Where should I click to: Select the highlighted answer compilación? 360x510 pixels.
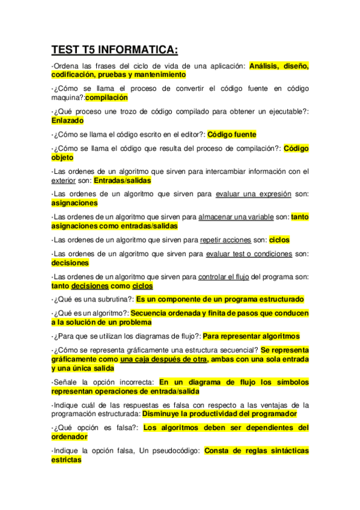click(106, 97)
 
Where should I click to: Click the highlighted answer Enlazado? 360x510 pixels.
click(67, 120)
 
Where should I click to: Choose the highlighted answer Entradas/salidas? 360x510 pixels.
click(123, 180)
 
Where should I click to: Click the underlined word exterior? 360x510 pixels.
click(64, 180)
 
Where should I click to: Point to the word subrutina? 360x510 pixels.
click(111, 299)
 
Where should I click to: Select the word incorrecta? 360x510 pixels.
click(133, 382)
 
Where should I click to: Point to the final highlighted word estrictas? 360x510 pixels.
click(66, 459)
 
